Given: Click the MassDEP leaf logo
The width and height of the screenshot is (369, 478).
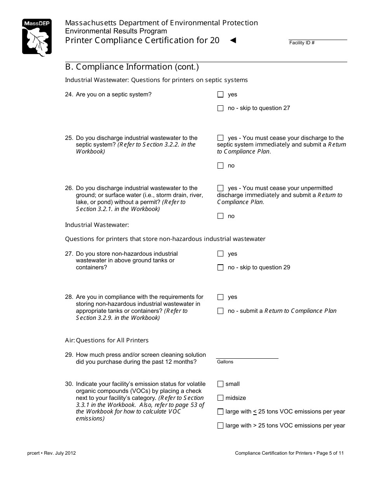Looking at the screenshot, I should point(37,38).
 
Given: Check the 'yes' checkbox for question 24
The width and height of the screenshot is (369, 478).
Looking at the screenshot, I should point(221,94).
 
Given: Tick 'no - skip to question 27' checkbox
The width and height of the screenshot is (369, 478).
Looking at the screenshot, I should point(221,108).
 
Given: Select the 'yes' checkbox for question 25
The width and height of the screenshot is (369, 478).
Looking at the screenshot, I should point(221,138).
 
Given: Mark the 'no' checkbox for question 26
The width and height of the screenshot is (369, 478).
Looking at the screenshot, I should point(221,216).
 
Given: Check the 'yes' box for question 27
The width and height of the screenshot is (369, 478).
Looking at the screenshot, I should point(221,254).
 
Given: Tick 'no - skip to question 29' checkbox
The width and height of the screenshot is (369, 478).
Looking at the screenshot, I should point(221,267).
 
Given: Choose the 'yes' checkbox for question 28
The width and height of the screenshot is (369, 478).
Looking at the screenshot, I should point(221,297).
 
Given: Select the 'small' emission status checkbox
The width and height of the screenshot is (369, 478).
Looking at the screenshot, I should point(221,384).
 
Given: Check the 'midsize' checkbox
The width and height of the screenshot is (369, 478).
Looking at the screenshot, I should point(221,398).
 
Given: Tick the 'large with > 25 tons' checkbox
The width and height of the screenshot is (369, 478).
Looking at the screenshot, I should point(221,426).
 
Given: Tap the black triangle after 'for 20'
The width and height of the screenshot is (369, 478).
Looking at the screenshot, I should point(233,40).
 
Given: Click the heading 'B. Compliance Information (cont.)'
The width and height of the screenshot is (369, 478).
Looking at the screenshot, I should point(132,67).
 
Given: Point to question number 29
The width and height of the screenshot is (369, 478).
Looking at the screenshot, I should point(69,355).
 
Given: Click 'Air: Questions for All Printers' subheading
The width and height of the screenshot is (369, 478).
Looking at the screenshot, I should point(107,340).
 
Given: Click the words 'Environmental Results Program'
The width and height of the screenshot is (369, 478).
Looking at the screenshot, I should point(116,31).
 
